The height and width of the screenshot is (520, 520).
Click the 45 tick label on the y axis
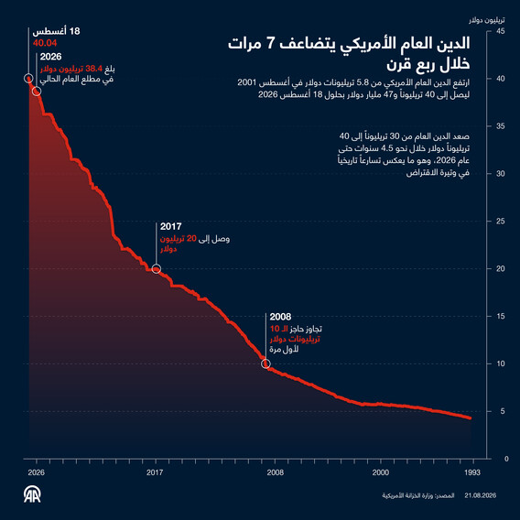tap(501, 31)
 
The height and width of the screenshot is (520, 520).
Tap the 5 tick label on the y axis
tap(503, 411)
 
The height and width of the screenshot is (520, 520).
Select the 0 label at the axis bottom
tap(506, 459)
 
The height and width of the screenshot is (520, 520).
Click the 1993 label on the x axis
tap(471, 472)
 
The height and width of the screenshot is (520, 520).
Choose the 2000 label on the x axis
tap(380, 472)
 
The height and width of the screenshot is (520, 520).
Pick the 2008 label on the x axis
tap(276, 472)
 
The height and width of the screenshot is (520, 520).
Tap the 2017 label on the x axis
tap(155, 472)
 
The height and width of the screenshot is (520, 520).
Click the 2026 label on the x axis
tap(36, 472)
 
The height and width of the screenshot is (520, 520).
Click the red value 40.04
tap(45, 43)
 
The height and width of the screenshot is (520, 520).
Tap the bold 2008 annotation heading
tap(280, 317)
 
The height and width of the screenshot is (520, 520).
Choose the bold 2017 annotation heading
tap(171, 226)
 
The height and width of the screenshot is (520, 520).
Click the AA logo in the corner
tap(32, 494)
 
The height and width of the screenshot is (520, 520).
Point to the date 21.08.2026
tap(481, 495)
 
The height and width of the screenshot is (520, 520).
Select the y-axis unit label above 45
tap(487, 20)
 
